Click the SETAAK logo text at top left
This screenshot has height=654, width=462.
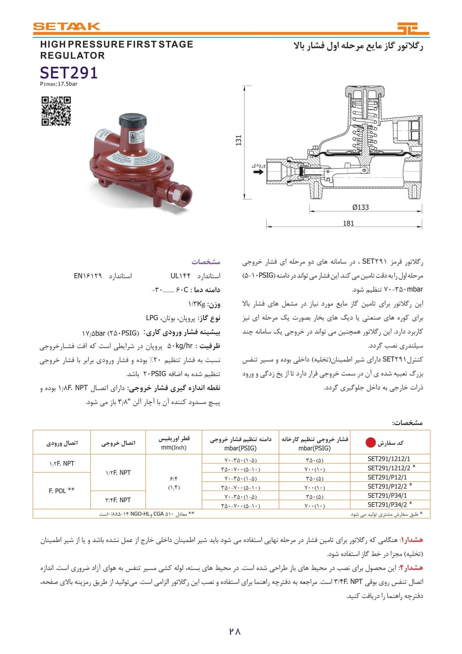tap(66, 26)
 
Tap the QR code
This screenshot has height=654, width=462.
tap(56, 111)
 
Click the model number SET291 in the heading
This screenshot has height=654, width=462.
tap(69, 73)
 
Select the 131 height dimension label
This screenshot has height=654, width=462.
tap(239, 140)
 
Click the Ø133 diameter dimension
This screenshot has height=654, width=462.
tap(360, 207)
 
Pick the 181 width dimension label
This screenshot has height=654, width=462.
tap(348, 223)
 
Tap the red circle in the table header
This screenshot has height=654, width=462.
tap(371, 443)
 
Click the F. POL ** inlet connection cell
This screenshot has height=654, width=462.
tap(61, 490)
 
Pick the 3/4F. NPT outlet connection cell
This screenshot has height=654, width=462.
tap(118, 500)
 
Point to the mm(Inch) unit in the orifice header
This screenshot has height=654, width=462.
tap(174, 448)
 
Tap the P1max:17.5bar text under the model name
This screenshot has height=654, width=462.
tap(59, 84)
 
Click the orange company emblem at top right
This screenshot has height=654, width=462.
tap(412, 28)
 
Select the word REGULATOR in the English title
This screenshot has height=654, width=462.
tap(72, 55)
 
